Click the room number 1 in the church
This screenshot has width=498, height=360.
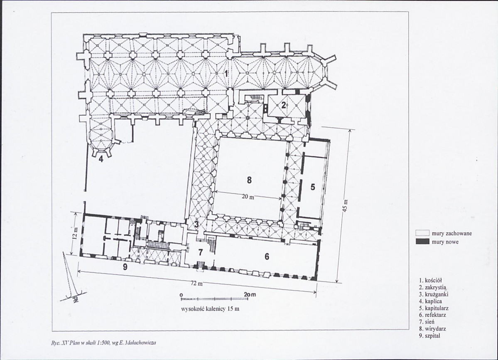[x=226, y=74]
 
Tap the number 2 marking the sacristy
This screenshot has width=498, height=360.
[x=283, y=106]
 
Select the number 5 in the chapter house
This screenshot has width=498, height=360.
[x=312, y=187]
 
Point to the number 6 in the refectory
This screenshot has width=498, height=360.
[x=267, y=256]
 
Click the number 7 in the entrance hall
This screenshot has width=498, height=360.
[x=200, y=253]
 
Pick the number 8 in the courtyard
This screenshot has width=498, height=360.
[x=249, y=180]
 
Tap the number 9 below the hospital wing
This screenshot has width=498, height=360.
[x=125, y=267]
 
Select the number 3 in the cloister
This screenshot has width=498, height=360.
[x=196, y=224]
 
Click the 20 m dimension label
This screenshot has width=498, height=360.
[x=248, y=197]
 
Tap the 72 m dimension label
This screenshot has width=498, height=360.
[x=196, y=284]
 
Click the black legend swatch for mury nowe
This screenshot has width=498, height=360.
[x=422, y=242]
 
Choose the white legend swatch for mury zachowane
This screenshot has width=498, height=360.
[x=422, y=233]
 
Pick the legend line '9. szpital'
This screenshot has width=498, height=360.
[x=430, y=335]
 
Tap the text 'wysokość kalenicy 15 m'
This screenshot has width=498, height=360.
[x=210, y=308]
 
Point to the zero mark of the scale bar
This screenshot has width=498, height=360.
[x=182, y=295]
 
